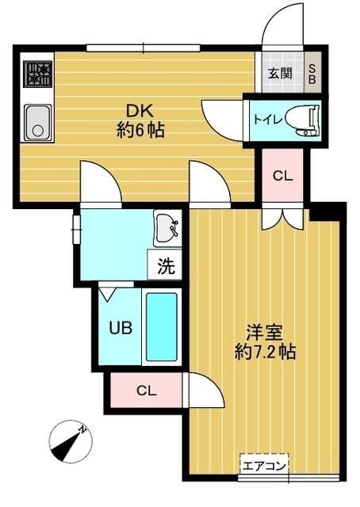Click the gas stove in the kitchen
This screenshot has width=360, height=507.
pos(38,76)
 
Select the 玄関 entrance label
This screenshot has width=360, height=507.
pos(280,74)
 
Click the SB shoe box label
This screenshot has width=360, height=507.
pos(312,74)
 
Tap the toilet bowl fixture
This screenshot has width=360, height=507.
pos(302,118)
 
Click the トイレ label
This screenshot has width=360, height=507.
pos(264,119)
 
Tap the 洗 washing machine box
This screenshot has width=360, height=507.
pos(165,266)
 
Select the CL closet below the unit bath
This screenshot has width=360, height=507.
pos(146,390)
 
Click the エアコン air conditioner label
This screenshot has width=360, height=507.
pos(264,465)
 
